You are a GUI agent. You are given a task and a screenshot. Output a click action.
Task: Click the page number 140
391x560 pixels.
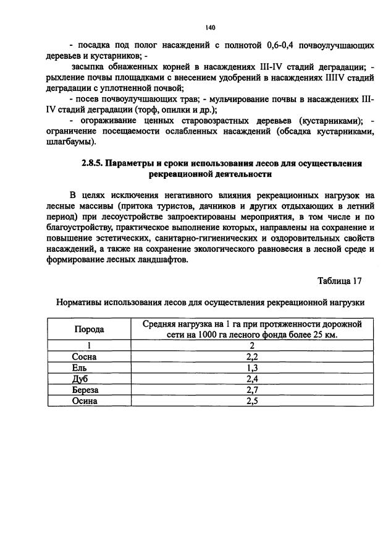[211, 27]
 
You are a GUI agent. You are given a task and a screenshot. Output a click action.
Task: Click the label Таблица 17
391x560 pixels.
[340, 280]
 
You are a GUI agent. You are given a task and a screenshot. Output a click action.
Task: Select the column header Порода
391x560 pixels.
[89, 329]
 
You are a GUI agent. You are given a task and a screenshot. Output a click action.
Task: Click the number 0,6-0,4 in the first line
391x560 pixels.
[287, 45]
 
